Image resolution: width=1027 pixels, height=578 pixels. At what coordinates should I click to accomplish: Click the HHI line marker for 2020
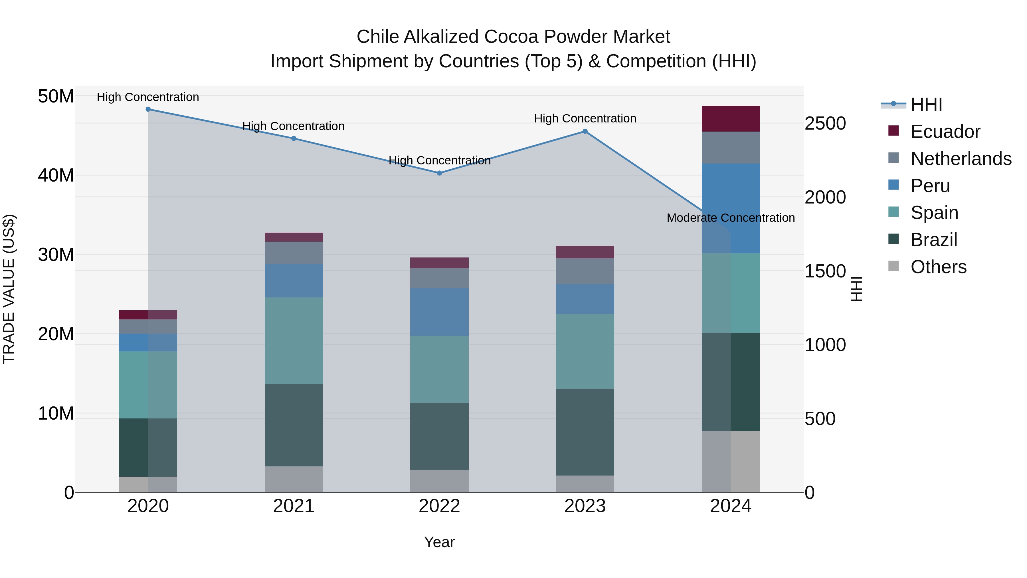[x=148, y=109]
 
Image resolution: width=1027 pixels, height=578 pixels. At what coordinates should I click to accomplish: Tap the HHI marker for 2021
[x=294, y=138]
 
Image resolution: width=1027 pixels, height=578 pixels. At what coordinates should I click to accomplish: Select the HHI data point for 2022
[x=439, y=173]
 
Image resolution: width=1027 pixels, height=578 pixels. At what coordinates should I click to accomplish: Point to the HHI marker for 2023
[x=585, y=131]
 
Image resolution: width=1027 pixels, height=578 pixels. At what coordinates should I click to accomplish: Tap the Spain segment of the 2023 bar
[x=585, y=351]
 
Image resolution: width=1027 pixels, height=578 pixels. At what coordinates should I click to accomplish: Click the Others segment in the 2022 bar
[x=439, y=481]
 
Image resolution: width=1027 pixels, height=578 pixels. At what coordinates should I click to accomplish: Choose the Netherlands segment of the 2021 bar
[x=294, y=253]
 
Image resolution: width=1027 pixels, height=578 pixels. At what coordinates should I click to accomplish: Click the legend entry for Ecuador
[x=945, y=132]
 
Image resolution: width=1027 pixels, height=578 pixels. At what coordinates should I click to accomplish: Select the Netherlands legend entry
[x=961, y=159]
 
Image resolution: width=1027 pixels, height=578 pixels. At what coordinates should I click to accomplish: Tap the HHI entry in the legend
[x=926, y=104]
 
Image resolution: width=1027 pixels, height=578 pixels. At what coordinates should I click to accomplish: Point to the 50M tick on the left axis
[x=56, y=96]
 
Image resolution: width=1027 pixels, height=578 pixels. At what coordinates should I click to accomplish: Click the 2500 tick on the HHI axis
[x=825, y=123]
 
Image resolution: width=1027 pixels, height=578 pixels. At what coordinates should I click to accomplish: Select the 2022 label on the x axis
[x=439, y=506]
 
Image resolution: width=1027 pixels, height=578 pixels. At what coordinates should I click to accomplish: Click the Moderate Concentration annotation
[x=730, y=218]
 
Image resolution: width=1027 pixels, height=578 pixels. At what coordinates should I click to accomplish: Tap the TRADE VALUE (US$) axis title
[x=9, y=289]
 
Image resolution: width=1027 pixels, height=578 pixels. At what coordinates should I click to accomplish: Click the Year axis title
[x=439, y=542]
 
